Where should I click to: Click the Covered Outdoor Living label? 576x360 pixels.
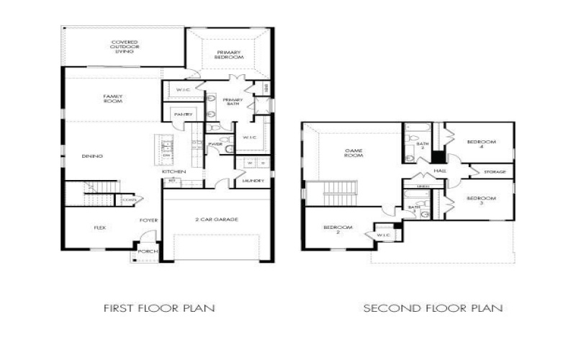tap(125, 47)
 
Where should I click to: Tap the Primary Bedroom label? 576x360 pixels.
tap(230, 55)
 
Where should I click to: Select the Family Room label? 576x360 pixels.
tap(113, 99)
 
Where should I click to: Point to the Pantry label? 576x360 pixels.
tap(180, 114)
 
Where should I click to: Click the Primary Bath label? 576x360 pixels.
tap(232, 102)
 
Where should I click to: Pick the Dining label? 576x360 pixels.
tap(92, 156)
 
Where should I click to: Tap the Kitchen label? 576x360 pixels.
tap(174, 171)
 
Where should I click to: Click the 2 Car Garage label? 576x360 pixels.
tap(216, 219)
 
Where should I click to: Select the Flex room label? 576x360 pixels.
tap(100, 227)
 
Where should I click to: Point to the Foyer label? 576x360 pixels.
tap(148, 220)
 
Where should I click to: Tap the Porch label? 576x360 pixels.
tap(148, 251)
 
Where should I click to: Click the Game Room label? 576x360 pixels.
tap(353, 153)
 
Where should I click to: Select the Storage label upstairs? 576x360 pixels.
tap(495, 172)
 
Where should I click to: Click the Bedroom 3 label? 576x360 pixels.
tap(481, 200)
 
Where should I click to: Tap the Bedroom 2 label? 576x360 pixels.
tap(332, 230)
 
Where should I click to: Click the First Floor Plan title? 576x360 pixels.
tap(159, 308)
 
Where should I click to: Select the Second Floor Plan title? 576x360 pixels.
tap(433, 308)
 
